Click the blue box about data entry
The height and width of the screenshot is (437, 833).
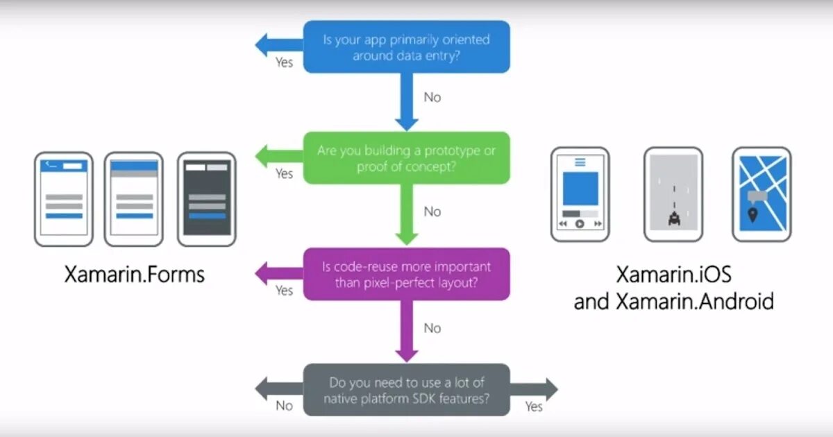(x=407, y=47)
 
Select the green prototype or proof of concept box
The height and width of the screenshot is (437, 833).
(x=407, y=158)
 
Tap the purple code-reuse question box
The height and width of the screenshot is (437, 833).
(x=407, y=275)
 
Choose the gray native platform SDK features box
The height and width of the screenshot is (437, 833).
(x=407, y=390)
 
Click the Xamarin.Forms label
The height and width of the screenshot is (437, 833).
(x=135, y=275)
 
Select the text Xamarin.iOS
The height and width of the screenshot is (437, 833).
(x=673, y=275)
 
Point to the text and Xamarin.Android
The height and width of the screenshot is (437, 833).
(x=673, y=302)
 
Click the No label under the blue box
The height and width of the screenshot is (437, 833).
(x=432, y=98)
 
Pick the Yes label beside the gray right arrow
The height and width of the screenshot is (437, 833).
(x=534, y=406)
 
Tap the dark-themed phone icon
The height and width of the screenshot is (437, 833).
(x=207, y=199)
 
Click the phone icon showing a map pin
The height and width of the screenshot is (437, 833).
(x=761, y=194)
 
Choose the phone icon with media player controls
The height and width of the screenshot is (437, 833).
(x=580, y=194)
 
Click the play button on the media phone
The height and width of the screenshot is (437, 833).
(x=580, y=224)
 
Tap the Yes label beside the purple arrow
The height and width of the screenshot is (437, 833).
(x=284, y=291)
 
